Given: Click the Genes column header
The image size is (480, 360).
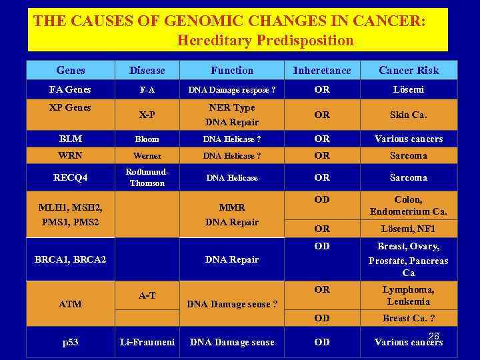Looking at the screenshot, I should (x=71, y=70).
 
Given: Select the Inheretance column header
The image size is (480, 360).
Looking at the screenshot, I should (x=322, y=70).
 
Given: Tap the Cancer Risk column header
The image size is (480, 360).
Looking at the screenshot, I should (x=409, y=70).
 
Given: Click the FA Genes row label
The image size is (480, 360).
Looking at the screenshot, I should (x=71, y=89).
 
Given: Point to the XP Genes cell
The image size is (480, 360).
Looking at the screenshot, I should (x=71, y=107).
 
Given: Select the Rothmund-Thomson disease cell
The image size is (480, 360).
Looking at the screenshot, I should (x=147, y=177).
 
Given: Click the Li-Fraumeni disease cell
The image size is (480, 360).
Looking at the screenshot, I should (x=147, y=342).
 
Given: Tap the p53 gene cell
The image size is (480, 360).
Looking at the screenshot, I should (x=71, y=342).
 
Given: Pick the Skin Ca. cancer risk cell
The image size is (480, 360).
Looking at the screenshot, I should (x=409, y=115).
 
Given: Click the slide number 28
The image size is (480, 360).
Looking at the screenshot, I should (x=433, y=336).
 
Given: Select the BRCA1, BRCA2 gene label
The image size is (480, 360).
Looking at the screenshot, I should (x=71, y=259).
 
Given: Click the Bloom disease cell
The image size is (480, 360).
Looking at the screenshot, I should (x=147, y=139).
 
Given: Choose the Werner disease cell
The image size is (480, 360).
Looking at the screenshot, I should (x=147, y=156).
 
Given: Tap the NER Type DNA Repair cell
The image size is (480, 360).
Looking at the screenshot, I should (x=232, y=115).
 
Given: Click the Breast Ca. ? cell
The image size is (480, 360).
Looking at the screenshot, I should (x=409, y=318).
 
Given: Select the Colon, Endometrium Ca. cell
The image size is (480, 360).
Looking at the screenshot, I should (x=409, y=205).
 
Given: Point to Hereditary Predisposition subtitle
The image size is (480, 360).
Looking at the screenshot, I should (x=265, y=40).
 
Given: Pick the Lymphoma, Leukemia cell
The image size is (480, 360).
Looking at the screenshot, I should (x=409, y=295).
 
